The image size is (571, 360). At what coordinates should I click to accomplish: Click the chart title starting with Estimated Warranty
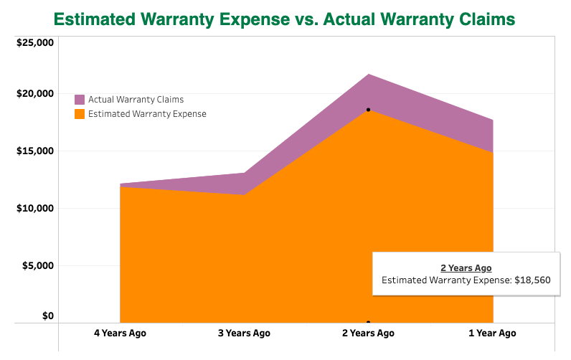(285, 19)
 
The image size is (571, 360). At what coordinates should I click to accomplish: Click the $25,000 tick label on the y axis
(34, 43)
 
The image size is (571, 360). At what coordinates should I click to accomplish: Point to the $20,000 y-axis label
(34, 94)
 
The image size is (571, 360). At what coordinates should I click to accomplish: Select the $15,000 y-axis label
(34, 151)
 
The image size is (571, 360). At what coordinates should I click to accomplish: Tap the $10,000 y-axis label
(34, 209)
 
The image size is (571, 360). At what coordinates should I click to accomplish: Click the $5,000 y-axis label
(37, 266)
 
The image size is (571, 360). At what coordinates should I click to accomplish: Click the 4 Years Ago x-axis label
(120, 333)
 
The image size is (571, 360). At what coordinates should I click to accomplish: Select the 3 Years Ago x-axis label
(244, 333)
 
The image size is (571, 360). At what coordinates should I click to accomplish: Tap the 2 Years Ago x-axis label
(368, 333)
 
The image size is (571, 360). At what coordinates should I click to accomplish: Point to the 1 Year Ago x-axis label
(492, 333)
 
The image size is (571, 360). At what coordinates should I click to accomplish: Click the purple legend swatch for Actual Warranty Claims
(80, 100)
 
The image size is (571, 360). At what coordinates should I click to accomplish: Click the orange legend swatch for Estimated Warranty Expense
(80, 114)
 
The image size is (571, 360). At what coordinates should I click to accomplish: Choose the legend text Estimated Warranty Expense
(147, 114)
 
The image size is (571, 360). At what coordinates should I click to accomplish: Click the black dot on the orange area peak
(368, 110)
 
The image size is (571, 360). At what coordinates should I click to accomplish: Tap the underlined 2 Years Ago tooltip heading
(466, 267)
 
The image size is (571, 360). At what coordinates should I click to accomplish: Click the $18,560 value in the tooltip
(532, 280)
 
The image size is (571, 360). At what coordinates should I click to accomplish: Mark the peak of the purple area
(368, 74)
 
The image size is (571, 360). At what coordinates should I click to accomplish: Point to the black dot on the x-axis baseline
(368, 323)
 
